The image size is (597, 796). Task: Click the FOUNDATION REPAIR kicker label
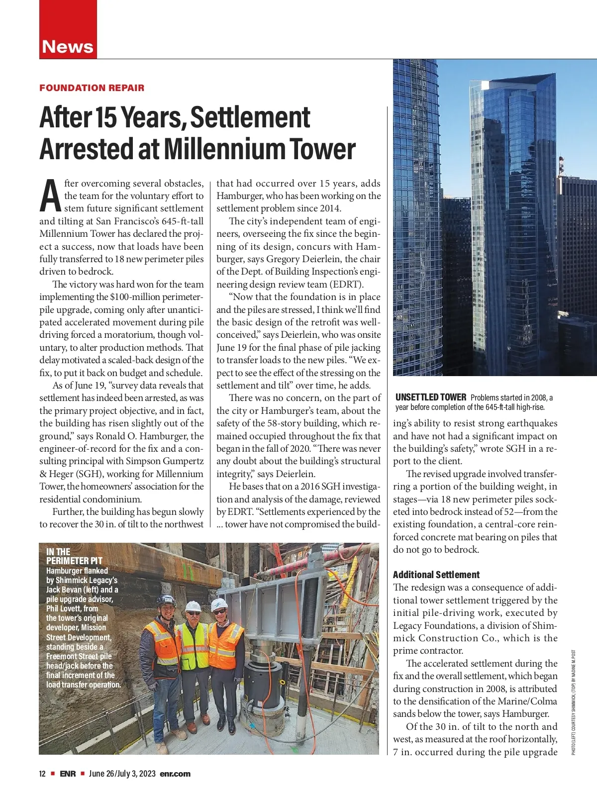(x=92, y=88)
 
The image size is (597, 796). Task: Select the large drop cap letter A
(x=50, y=196)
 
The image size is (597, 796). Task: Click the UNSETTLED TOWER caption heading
(x=431, y=397)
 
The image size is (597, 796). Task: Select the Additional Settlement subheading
(x=436, y=575)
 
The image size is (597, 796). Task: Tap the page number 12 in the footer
(x=42, y=774)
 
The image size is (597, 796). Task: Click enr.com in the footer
(x=175, y=774)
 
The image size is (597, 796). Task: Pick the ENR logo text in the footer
(x=68, y=774)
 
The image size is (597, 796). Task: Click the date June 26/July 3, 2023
(x=122, y=774)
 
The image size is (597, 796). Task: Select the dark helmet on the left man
(x=166, y=600)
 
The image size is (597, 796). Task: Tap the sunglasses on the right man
(x=219, y=611)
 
